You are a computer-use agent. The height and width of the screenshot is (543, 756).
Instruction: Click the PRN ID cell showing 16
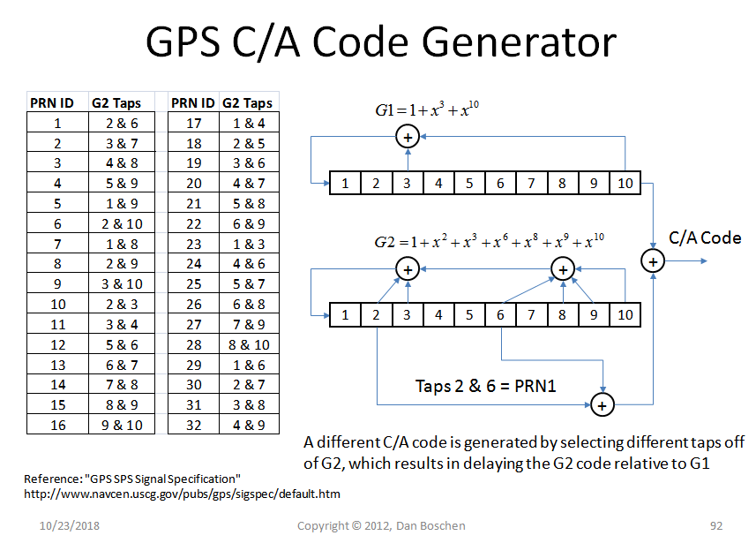(57, 425)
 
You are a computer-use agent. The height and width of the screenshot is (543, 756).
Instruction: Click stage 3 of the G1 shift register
(408, 184)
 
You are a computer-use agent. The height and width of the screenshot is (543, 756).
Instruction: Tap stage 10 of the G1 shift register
(624, 184)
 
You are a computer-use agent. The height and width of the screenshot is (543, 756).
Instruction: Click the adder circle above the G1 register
(408, 137)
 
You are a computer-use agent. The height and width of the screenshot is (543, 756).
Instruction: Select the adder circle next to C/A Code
(653, 260)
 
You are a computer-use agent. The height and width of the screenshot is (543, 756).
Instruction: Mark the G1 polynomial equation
(426, 111)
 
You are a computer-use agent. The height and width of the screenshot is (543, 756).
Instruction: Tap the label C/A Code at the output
(705, 238)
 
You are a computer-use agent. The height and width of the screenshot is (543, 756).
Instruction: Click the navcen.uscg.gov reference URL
(182, 494)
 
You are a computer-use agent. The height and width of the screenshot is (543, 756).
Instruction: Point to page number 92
(715, 526)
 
